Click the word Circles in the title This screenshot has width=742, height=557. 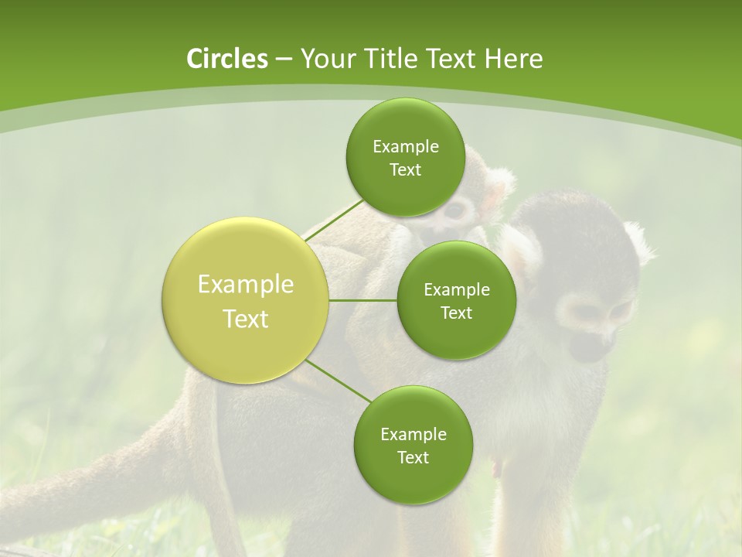tap(226, 59)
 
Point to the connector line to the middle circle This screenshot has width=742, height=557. tap(363, 300)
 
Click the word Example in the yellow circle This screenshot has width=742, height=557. tap(246, 285)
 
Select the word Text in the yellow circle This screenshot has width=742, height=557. tap(246, 319)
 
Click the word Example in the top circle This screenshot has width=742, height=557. tap(405, 146)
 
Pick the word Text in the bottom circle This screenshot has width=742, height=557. tap(413, 457)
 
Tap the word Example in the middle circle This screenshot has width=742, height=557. tap(456, 289)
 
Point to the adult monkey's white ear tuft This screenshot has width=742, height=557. tap(638, 240)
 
